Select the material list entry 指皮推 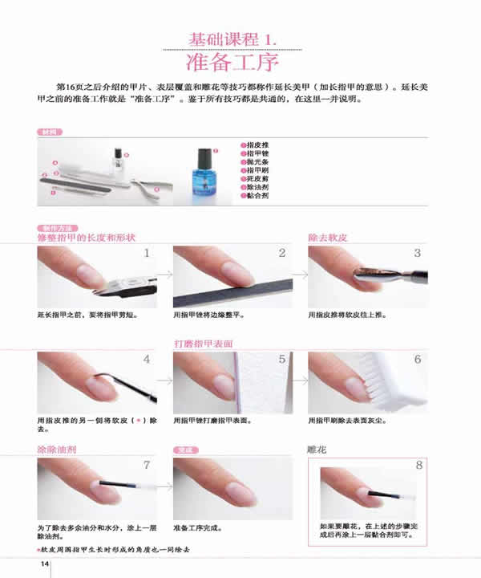(x=257, y=144)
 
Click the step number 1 (x=147, y=254)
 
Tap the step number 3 (x=418, y=254)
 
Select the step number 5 (x=282, y=360)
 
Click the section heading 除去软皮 (x=328, y=238)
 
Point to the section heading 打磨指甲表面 (x=204, y=344)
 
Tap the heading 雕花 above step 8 (x=317, y=450)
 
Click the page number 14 (x=46, y=565)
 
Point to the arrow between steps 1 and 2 (x=164, y=275)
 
